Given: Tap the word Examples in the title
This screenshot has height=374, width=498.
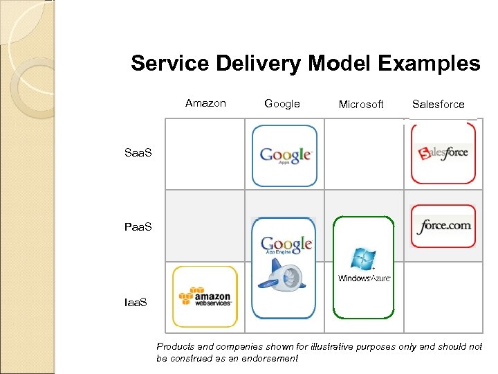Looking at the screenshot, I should tap(430, 64).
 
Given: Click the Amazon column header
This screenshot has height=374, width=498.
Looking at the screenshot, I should tap(205, 103).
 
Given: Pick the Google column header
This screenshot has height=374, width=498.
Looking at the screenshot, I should tap(282, 104).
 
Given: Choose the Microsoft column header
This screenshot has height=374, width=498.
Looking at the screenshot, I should tap(361, 105).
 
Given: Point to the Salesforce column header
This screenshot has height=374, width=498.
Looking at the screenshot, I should tap(438, 105).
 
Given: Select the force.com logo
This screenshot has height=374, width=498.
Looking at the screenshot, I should tap(444, 226).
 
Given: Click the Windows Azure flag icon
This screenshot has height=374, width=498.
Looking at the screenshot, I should tap(364, 259).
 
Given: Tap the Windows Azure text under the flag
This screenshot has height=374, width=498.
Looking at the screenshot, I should tap(364, 278).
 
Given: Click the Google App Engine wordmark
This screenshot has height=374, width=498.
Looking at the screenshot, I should tap(286, 244).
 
